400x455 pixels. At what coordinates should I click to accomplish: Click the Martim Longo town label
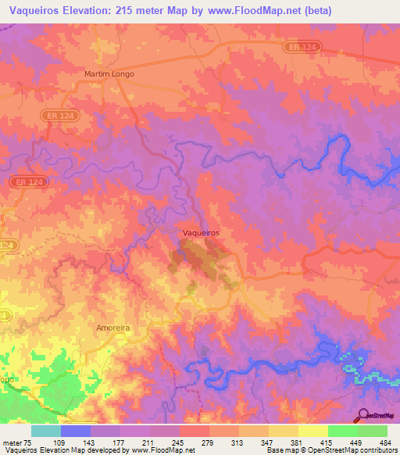(109, 73)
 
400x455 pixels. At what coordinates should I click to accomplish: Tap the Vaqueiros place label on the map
(200, 233)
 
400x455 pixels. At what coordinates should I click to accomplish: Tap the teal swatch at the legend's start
(46, 431)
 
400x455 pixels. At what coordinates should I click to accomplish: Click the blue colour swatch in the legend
(76, 431)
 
